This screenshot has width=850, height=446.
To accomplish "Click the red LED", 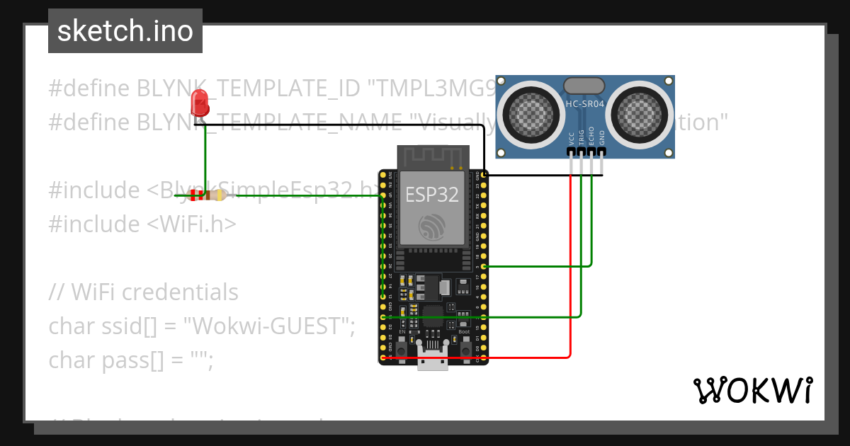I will (200, 104).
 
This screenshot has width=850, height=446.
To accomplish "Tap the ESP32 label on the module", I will (431, 194).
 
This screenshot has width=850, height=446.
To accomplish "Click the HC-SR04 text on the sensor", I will (584, 105).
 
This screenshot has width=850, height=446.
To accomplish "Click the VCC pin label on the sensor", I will (572, 138).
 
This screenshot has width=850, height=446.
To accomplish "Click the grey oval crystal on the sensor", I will (584, 86).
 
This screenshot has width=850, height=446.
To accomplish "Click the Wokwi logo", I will (752, 391).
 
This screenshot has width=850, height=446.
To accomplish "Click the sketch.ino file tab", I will (125, 31).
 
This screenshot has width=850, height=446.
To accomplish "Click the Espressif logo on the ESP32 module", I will (431, 226).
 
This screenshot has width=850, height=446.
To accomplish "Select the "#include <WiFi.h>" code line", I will (142, 224).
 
